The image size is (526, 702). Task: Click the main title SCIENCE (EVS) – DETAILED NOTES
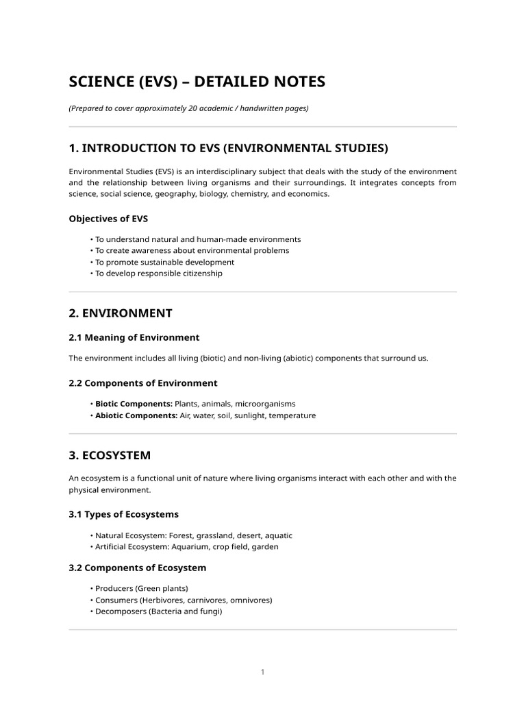click(x=197, y=83)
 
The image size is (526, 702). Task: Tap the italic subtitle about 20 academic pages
click(x=188, y=108)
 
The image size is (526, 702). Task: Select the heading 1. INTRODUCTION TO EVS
click(x=228, y=148)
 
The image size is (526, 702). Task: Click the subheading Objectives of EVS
click(x=108, y=219)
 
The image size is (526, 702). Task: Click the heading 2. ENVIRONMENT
click(x=121, y=313)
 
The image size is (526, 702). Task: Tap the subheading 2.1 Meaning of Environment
click(x=134, y=337)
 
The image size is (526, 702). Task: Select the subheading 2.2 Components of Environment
click(x=143, y=383)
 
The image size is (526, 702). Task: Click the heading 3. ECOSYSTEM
click(x=110, y=455)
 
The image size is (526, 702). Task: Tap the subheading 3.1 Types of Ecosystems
click(x=123, y=514)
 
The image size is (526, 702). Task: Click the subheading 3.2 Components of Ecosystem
click(x=137, y=568)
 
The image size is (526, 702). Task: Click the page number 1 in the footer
click(x=262, y=673)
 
